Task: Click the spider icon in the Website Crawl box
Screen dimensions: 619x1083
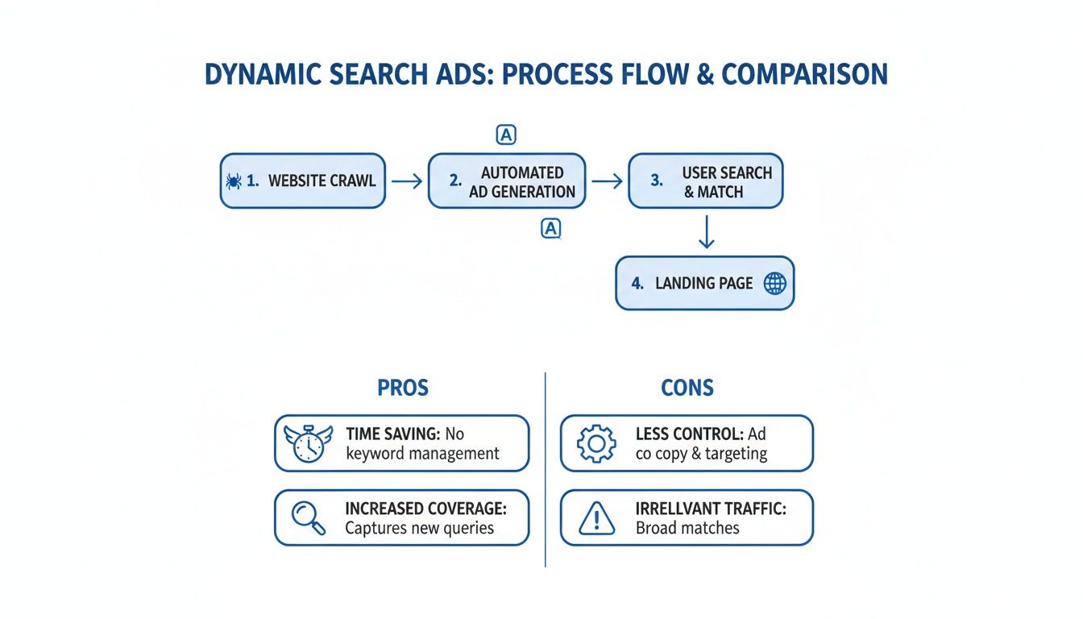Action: (x=234, y=181)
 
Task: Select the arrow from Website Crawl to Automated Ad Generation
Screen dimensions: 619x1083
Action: (x=407, y=181)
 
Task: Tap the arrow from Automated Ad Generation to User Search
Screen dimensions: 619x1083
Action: (x=607, y=181)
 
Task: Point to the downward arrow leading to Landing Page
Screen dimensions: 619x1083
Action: (x=706, y=231)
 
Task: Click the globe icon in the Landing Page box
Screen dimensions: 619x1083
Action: (x=774, y=283)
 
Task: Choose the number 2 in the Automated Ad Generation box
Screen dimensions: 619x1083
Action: (x=455, y=181)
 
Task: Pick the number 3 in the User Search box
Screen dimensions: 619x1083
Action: (x=657, y=181)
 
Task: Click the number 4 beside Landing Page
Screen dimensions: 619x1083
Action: (x=637, y=283)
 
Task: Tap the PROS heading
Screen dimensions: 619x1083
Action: (x=403, y=388)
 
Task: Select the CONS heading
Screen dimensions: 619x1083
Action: (x=687, y=388)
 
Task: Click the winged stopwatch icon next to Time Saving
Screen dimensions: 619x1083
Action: (x=308, y=443)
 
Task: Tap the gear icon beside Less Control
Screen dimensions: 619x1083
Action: (x=596, y=443)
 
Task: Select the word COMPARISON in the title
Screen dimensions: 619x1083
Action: (x=804, y=74)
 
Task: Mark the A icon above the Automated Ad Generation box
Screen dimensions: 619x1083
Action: (x=505, y=135)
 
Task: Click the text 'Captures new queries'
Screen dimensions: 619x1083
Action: (x=419, y=529)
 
